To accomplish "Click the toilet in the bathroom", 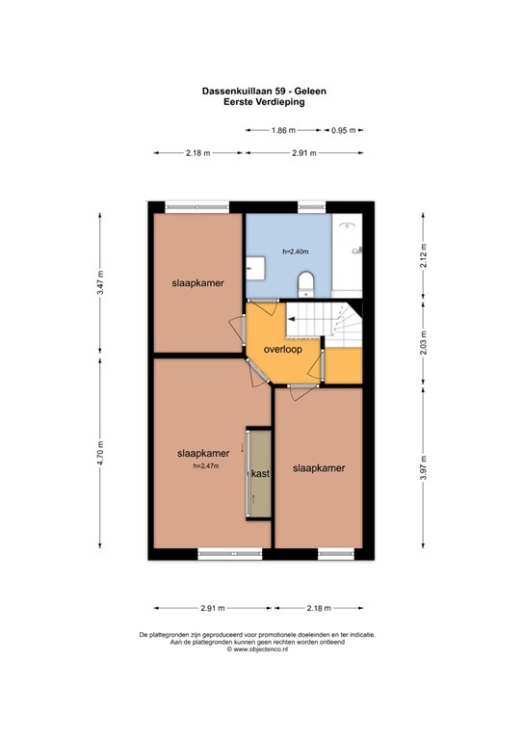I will (x=306, y=280).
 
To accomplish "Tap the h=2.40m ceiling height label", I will (x=296, y=251).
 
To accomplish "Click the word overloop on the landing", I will (x=284, y=350).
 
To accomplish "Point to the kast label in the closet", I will (x=259, y=474).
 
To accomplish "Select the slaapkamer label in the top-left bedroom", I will (x=197, y=285).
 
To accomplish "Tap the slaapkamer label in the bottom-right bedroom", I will (x=318, y=469).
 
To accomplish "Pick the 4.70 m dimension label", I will (x=100, y=452).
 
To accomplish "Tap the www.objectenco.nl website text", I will (x=261, y=650).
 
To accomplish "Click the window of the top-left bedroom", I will (x=196, y=206).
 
